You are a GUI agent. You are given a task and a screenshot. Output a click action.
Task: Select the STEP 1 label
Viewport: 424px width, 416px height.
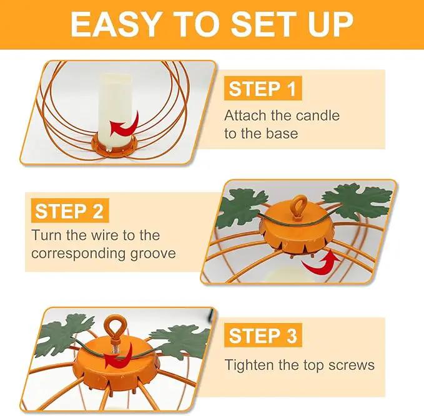(x=262, y=89)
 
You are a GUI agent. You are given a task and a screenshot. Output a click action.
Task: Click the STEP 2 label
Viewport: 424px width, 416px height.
(x=70, y=211)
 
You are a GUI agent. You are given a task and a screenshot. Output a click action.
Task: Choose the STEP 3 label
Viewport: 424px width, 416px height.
(x=263, y=335)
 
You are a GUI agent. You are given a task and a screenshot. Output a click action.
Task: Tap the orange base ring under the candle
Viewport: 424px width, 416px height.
(x=114, y=147)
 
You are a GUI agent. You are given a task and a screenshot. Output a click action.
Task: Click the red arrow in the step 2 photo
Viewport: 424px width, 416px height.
(x=321, y=263)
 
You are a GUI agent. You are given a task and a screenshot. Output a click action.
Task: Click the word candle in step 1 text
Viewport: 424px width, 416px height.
(x=318, y=115)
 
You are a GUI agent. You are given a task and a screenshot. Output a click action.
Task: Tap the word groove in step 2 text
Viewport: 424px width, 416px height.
(x=153, y=254)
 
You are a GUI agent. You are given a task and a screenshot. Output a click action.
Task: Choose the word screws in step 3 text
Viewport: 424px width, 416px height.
(x=352, y=365)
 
